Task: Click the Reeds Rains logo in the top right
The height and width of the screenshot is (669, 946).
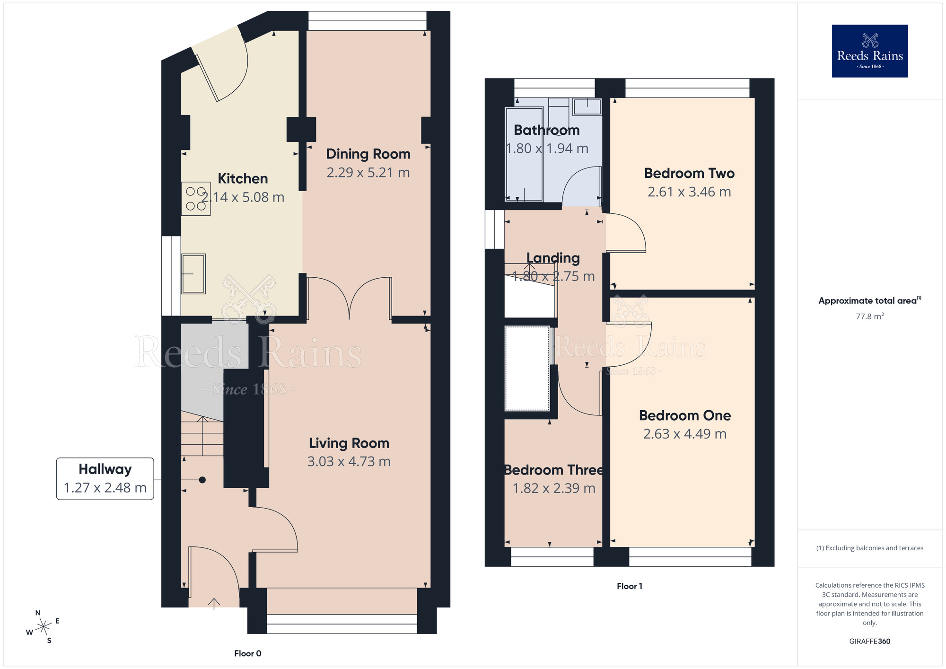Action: [x=869, y=51]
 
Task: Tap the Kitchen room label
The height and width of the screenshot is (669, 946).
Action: [x=243, y=178]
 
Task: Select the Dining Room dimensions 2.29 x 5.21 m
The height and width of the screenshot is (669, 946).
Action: [x=368, y=173]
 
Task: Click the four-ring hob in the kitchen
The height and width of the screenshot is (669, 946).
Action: [x=196, y=199]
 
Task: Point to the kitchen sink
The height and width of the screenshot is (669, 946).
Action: [x=193, y=273]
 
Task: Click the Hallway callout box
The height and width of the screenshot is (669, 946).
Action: [x=105, y=478]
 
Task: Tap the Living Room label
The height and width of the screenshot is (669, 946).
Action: [x=349, y=443]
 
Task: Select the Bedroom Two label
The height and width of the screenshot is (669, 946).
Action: [x=689, y=173]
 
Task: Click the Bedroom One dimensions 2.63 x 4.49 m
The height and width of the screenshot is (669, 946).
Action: [x=684, y=434]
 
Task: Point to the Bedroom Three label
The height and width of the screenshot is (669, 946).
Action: [x=553, y=470]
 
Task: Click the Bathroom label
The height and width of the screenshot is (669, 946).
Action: [x=546, y=130]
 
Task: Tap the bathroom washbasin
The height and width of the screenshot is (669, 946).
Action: [x=587, y=106]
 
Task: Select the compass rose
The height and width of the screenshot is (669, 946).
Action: [x=44, y=627]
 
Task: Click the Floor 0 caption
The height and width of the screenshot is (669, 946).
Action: [x=247, y=653]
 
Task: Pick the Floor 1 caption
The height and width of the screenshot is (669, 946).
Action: [x=629, y=586]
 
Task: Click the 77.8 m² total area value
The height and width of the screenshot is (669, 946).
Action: [x=869, y=316]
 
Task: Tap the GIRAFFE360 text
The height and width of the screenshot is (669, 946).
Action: [x=869, y=642]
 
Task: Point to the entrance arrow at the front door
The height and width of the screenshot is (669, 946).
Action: [x=214, y=603]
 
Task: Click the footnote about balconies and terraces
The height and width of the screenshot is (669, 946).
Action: [x=869, y=548]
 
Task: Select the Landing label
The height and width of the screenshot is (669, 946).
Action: [x=553, y=258]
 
